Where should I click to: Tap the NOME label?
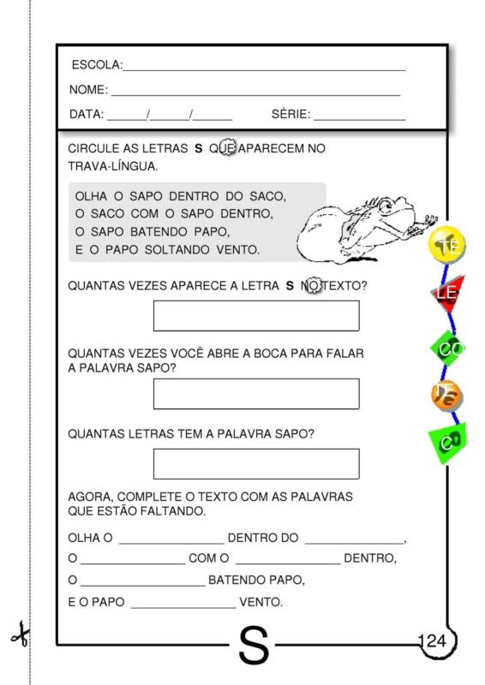pos(87,90)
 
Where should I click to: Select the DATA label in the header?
pos(86,114)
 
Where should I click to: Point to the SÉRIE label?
pos(290,114)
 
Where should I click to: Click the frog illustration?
pos(364,227)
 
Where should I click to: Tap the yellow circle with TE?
pos(446,245)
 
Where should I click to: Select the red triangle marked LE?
pos(447,294)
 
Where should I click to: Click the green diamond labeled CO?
pos(449,348)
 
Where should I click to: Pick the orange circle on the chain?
pos(447,395)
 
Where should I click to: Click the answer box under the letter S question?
pos(255,315)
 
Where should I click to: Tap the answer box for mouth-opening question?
pos(255,394)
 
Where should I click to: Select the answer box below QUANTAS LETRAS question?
pos(255,463)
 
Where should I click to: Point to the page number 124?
pos(434,641)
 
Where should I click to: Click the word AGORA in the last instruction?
pos(88,497)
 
